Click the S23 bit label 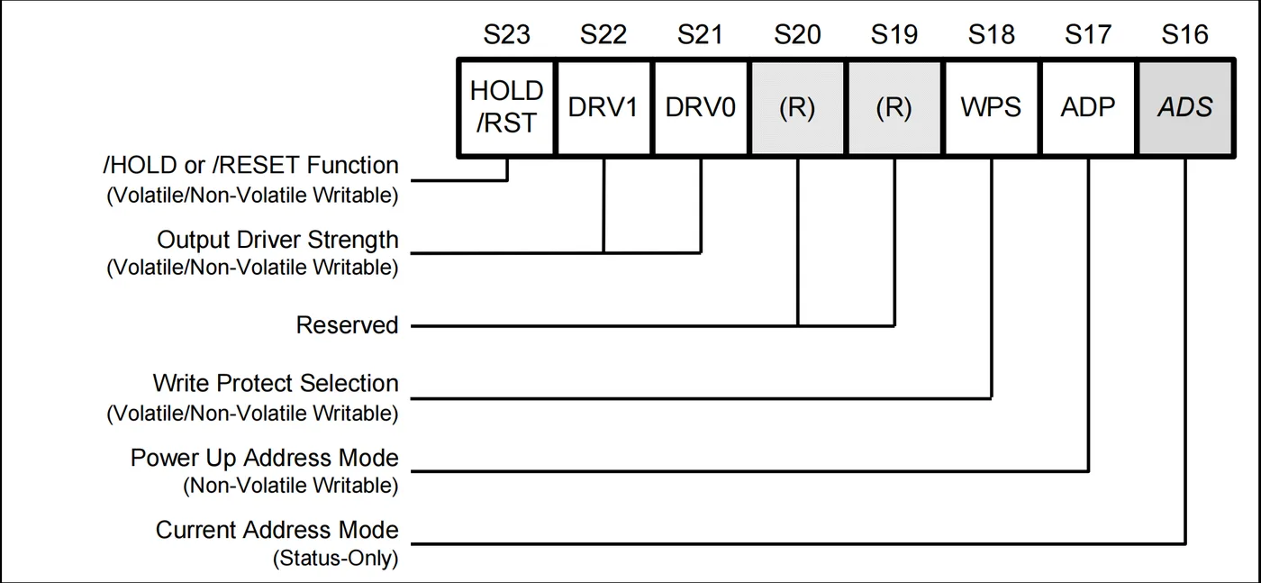(x=506, y=35)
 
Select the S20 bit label (x=797, y=35)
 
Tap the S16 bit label (x=1185, y=35)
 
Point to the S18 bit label (x=992, y=35)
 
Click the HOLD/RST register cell (x=506, y=107)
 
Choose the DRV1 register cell (x=603, y=107)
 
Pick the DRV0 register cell (x=701, y=107)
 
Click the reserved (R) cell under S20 (x=797, y=107)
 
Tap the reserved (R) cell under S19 (x=894, y=107)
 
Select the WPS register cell (x=992, y=107)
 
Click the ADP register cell (x=1088, y=107)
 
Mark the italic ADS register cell (x=1185, y=107)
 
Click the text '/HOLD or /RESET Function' (x=250, y=165)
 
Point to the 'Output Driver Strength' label (x=277, y=240)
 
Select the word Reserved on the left (x=348, y=325)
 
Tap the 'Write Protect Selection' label (x=276, y=383)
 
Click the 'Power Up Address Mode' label (x=265, y=458)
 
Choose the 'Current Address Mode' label (x=277, y=530)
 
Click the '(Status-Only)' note (x=335, y=558)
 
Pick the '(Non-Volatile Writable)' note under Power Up (x=290, y=486)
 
